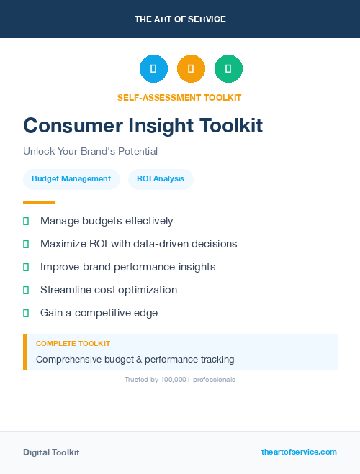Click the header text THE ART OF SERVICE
click(180, 19)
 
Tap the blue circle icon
click(153, 68)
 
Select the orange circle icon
click(191, 68)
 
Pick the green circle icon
click(228, 68)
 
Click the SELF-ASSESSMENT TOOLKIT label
click(179, 97)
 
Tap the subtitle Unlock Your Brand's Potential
click(90, 152)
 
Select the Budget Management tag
click(71, 178)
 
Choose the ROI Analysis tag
click(161, 178)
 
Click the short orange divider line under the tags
click(39, 202)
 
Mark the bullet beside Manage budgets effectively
click(26, 221)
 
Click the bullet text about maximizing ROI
click(139, 244)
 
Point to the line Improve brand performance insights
click(128, 267)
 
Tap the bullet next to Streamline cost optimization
click(26, 290)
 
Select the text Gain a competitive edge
click(99, 313)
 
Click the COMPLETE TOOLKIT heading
click(73, 344)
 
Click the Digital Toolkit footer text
click(51, 452)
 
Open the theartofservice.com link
click(299, 452)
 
